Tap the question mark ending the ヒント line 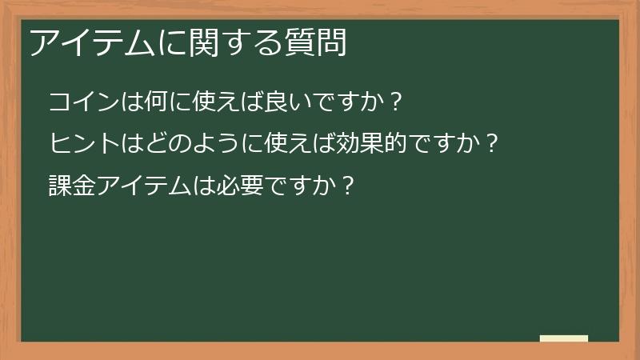[493, 144]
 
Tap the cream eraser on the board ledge [564, 338]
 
